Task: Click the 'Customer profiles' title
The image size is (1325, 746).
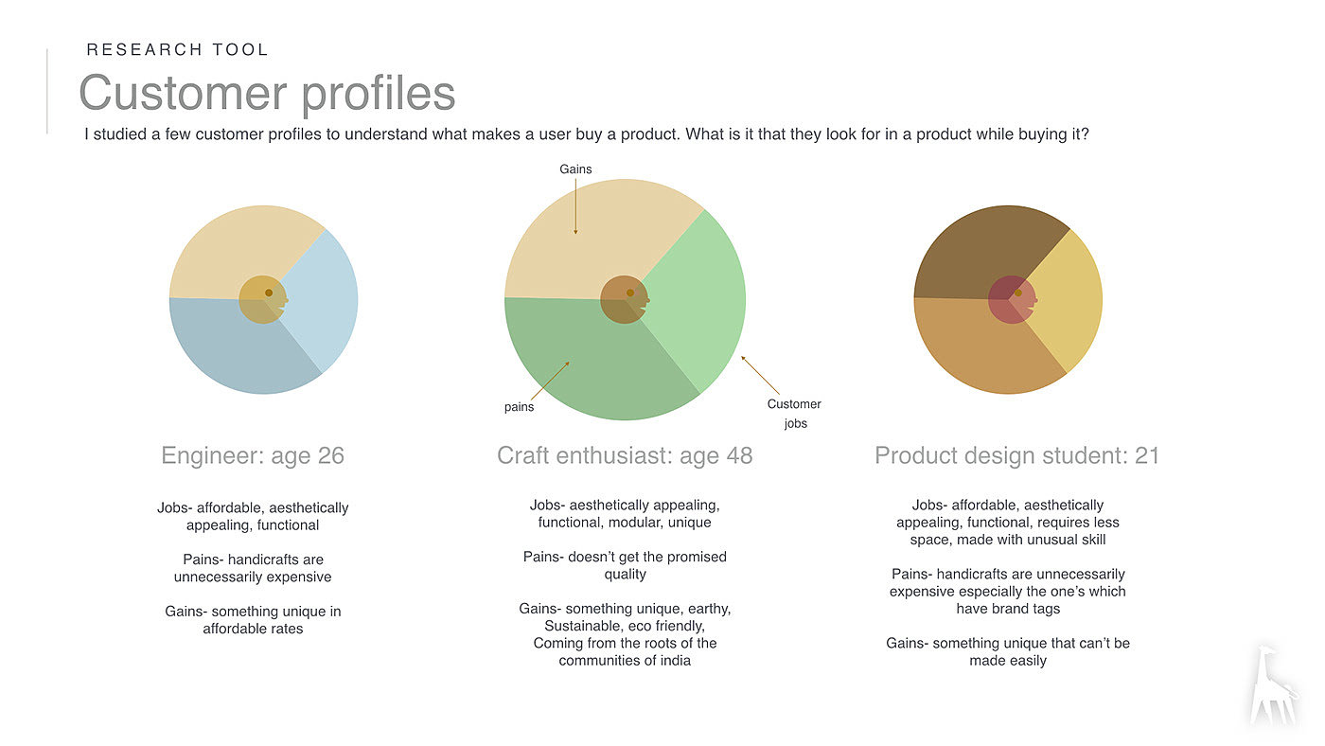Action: [x=267, y=94]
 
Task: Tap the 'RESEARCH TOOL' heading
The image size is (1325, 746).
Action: [x=178, y=49]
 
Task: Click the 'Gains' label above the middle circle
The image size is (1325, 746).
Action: [x=575, y=169]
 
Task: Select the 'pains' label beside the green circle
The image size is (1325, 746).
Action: [x=519, y=407]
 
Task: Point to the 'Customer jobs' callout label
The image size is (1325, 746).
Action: [x=794, y=414]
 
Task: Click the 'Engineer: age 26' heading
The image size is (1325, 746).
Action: [x=253, y=455]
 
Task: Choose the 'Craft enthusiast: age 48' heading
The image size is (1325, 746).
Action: [x=625, y=455]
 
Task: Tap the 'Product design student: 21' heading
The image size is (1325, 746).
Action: [x=1016, y=455]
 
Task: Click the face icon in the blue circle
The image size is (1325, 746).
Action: [x=263, y=299]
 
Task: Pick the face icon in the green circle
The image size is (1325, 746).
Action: [x=625, y=299]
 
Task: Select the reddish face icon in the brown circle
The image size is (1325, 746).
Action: [x=1012, y=299]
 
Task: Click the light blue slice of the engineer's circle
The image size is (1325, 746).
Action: [x=323, y=300]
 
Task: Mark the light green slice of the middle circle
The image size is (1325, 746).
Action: [x=698, y=300]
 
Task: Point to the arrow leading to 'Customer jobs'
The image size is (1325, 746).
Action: [x=760, y=375]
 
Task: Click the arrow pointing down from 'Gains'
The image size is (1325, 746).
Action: [x=575, y=206]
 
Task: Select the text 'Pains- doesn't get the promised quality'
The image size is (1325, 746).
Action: [x=625, y=565]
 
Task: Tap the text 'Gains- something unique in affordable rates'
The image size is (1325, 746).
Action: [x=253, y=620]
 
